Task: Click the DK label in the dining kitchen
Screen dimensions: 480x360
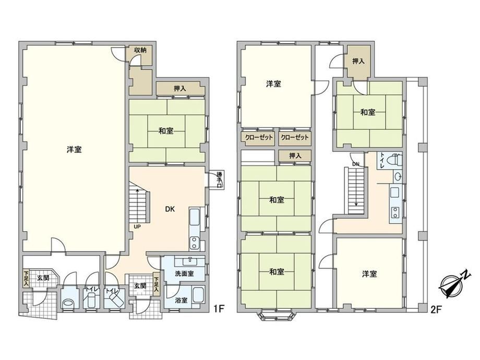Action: coord(170,209)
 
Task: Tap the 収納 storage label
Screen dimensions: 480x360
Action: coord(140,50)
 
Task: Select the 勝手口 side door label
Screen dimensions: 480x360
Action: coord(220,179)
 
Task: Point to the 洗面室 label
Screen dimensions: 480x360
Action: coord(184,273)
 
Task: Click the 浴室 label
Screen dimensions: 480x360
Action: coord(181,301)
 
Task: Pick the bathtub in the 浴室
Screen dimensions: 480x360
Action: coord(198,295)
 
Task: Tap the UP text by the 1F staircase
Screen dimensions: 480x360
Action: coord(137,227)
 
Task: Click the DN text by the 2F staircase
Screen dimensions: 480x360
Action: coord(355,164)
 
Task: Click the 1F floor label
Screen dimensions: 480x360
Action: coord(219,308)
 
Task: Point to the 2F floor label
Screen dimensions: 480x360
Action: coord(437,310)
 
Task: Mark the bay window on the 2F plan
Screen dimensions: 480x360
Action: coord(277,315)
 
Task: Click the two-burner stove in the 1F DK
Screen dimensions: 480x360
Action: coord(194,243)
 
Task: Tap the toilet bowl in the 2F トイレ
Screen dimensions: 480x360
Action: coord(394,160)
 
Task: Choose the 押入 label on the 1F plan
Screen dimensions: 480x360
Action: coord(179,89)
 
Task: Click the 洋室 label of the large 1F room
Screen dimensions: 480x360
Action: coord(74,150)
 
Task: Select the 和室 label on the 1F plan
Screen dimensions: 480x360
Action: coord(166,131)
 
